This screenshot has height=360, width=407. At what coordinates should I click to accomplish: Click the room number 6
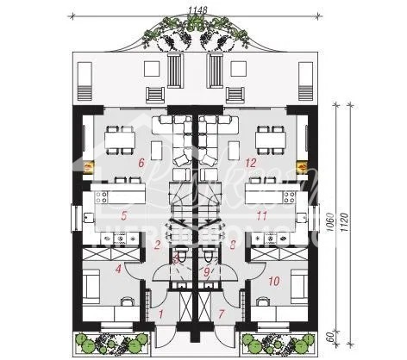tap(140, 161)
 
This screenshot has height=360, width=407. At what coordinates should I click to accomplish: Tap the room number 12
tap(251, 161)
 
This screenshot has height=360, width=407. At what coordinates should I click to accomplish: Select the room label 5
tap(125, 215)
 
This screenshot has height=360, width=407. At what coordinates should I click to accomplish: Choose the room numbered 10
tap(274, 280)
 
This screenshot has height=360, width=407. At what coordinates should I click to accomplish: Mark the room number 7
tap(222, 314)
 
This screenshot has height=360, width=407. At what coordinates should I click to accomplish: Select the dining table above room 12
tap(269, 135)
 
